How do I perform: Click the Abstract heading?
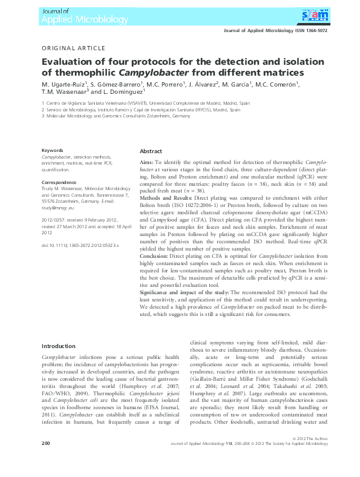click(151, 151)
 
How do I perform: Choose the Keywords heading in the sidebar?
click(52, 150)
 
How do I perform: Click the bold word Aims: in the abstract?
click(146, 163)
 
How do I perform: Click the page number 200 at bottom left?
click(45, 460)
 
